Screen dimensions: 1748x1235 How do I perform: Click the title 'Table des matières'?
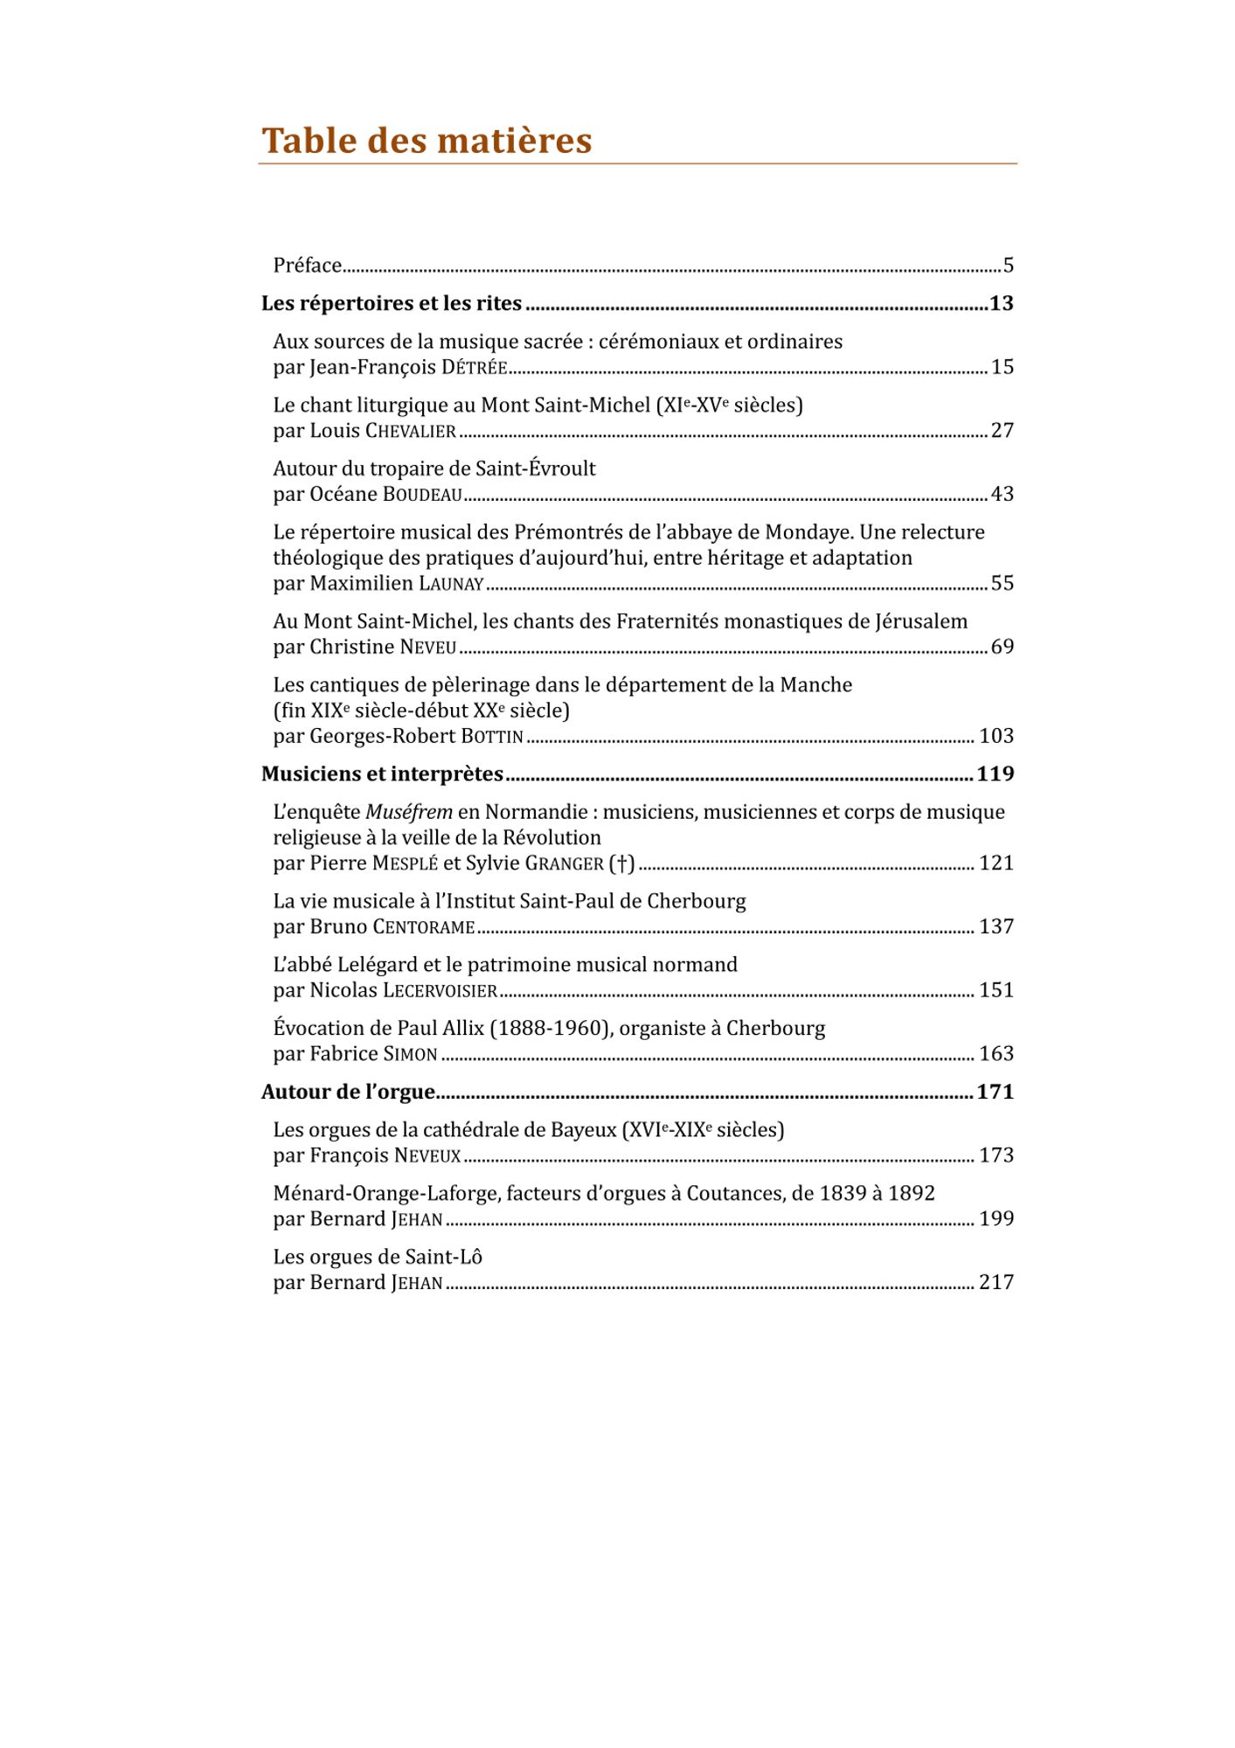pos(427,141)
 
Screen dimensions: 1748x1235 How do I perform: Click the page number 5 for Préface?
pos(1008,266)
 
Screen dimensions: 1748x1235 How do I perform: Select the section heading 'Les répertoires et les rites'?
pos(392,303)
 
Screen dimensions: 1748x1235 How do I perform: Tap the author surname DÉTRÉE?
pos(474,368)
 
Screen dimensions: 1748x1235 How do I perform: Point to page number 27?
pos(1002,431)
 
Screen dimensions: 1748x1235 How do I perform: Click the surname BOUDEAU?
pos(422,495)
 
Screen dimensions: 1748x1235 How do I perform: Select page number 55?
pos(1002,584)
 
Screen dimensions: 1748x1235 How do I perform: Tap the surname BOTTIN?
pos(492,737)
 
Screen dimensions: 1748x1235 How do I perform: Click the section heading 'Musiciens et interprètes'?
pos(382,774)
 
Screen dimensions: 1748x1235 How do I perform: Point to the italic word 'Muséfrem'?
pos(409,813)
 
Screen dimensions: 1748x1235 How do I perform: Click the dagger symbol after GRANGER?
pos(622,864)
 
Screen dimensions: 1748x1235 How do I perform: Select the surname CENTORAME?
pos(424,927)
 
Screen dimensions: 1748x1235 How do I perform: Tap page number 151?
pos(996,990)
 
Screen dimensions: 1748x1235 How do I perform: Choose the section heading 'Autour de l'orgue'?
pos(348,1092)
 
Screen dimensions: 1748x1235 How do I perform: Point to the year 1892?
pos(912,1194)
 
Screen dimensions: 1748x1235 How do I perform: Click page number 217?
pos(996,1283)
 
